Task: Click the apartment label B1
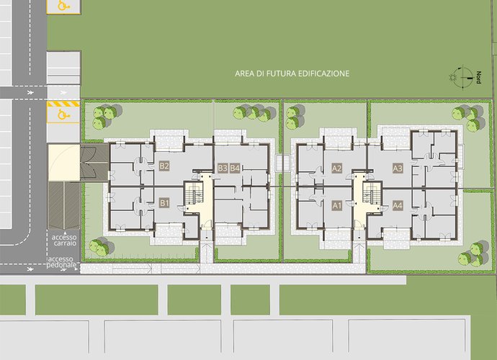[164, 203]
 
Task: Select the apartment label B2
[164, 166]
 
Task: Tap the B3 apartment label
[223, 168]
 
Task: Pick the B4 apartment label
[235, 168]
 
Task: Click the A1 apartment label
[336, 206]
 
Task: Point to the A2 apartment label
[336, 168]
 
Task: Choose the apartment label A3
[398, 168]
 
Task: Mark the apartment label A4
[398, 206]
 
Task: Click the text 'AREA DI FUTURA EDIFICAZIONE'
[292, 73]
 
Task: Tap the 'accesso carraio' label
[64, 240]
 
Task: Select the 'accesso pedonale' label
[62, 262]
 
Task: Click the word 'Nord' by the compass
[478, 77]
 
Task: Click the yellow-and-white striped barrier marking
[63, 104]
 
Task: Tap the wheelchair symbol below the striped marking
[63, 114]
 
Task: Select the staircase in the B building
[194, 193]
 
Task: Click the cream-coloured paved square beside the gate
[63, 163]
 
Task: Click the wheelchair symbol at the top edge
[63, 5]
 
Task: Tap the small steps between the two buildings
[283, 163]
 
